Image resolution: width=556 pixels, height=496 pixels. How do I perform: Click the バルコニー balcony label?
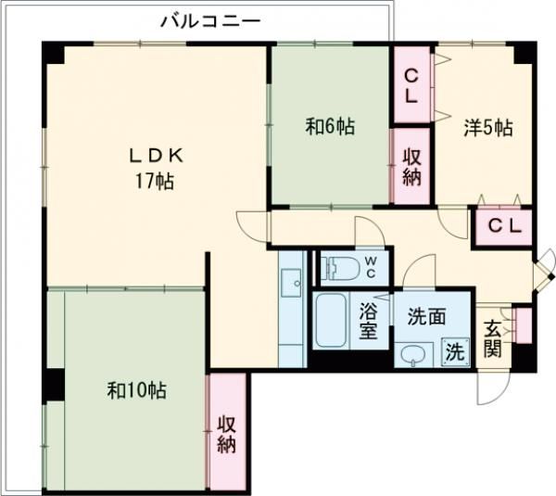pyautogui.click(x=209, y=19)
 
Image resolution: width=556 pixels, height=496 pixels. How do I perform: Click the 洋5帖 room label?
pyautogui.click(x=487, y=129)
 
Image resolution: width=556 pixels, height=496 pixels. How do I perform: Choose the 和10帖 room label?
pyautogui.click(x=137, y=391)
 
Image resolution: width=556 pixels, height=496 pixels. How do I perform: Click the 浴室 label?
pyautogui.click(x=368, y=322)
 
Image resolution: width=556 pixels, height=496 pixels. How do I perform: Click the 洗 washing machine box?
pyautogui.click(x=454, y=351)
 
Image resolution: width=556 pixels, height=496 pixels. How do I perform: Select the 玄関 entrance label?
pyautogui.click(x=492, y=340)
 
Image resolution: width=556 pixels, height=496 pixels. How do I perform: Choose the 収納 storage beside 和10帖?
pyautogui.click(x=227, y=432)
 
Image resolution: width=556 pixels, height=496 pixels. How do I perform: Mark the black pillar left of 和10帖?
pyautogui.click(x=54, y=384)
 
